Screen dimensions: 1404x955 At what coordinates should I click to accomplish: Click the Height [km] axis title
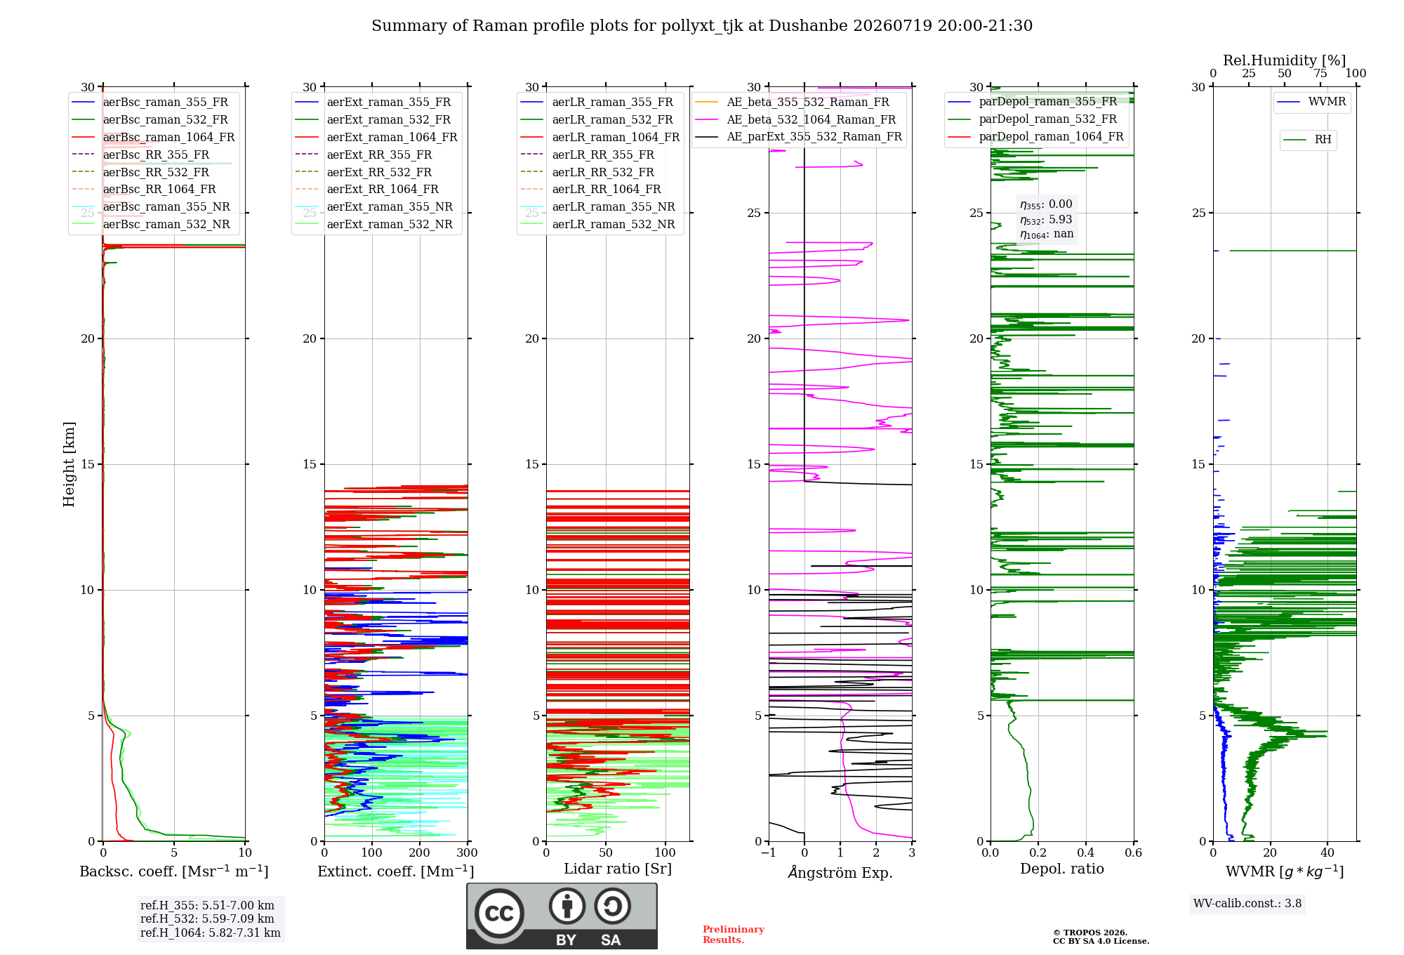pyautogui.click(x=69, y=464)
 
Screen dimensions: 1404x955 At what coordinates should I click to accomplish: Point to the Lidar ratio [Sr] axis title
pyautogui.click(x=618, y=869)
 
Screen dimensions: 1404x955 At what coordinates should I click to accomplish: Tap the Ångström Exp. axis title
pyautogui.click(x=840, y=872)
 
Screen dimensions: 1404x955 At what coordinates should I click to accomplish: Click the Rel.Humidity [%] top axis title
pyautogui.click(x=1285, y=60)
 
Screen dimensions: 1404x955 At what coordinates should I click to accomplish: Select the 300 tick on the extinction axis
pyautogui.click(x=467, y=852)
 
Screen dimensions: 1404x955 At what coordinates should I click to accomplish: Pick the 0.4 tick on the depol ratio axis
pyautogui.click(x=1086, y=852)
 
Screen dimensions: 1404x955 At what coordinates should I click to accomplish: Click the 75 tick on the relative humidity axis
pyautogui.click(x=1320, y=73)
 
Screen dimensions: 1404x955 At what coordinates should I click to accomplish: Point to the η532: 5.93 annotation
pyautogui.click(x=1046, y=219)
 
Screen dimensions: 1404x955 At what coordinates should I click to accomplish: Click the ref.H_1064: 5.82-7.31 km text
pyautogui.click(x=211, y=933)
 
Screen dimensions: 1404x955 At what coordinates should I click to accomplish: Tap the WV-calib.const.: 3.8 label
pyautogui.click(x=1247, y=903)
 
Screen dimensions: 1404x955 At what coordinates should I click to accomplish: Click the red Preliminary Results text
pyautogui.click(x=734, y=935)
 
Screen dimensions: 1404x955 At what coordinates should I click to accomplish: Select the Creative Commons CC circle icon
pyautogui.click(x=499, y=913)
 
